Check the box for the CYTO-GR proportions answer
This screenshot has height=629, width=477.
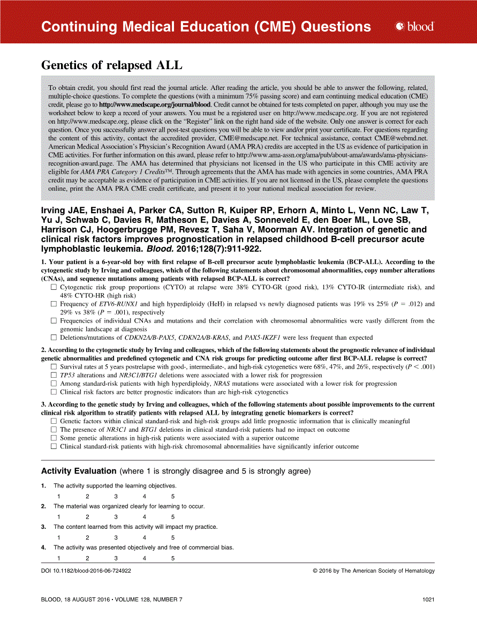(x=54, y=288)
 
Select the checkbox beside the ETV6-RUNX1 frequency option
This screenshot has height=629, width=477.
(x=54, y=304)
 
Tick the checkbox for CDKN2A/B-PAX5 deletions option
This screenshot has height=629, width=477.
(x=54, y=338)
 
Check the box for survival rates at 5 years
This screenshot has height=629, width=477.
(x=54, y=366)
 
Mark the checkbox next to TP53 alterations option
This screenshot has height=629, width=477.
(x=54, y=375)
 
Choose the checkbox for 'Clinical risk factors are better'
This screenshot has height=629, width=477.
(x=54, y=392)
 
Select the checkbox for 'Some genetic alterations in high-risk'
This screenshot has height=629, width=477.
(x=54, y=438)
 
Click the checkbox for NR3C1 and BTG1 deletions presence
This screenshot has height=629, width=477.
(x=54, y=430)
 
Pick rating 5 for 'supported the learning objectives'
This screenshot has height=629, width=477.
(x=173, y=496)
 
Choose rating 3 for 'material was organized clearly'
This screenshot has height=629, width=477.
(x=116, y=517)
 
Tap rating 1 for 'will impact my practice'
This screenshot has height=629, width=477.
(x=58, y=537)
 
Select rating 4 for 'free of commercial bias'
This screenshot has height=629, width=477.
(x=145, y=558)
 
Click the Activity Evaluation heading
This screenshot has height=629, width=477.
(x=79, y=471)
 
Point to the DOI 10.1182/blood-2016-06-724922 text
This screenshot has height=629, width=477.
(x=86, y=571)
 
